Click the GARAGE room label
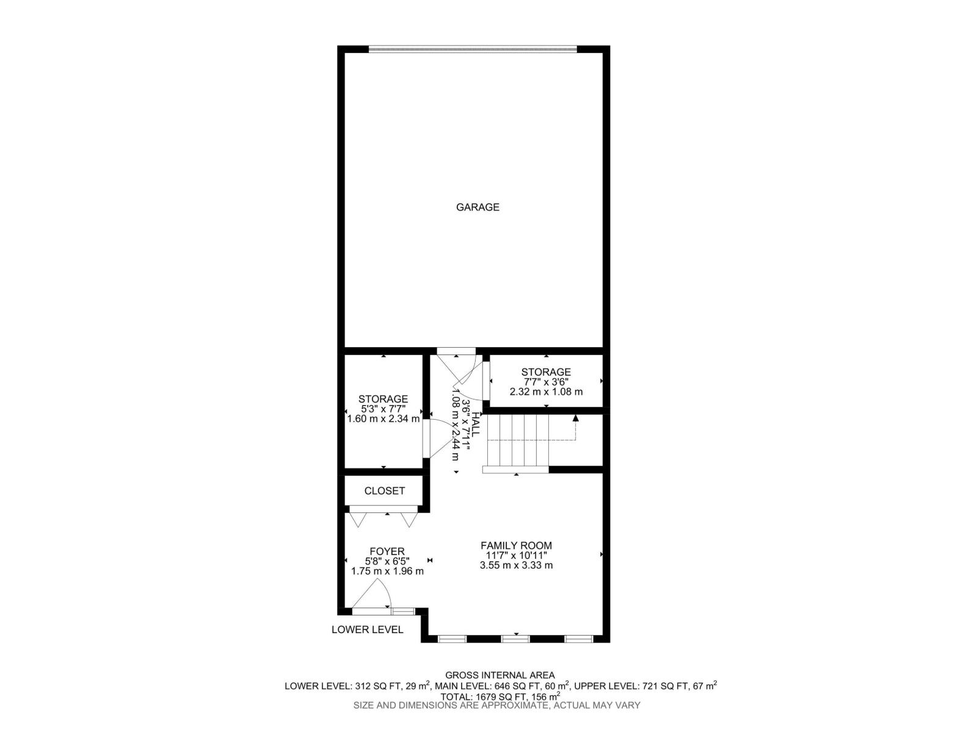click(x=478, y=207)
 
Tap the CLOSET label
click(x=385, y=491)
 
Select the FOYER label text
click(x=387, y=551)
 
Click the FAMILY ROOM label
click(x=516, y=545)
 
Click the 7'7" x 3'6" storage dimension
click(x=546, y=382)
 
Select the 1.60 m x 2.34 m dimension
click(x=383, y=419)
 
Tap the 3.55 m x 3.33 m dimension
click(x=516, y=565)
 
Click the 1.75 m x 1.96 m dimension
click(x=387, y=572)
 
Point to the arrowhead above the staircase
click(x=575, y=418)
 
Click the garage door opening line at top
click(x=473, y=49)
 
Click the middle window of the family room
click(x=515, y=639)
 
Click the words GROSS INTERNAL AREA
click(x=500, y=675)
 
